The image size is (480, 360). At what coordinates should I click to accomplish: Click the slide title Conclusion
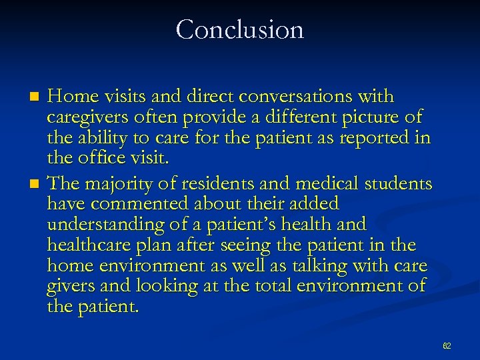click(240, 29)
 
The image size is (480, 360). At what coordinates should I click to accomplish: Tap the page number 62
click(447, 346)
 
